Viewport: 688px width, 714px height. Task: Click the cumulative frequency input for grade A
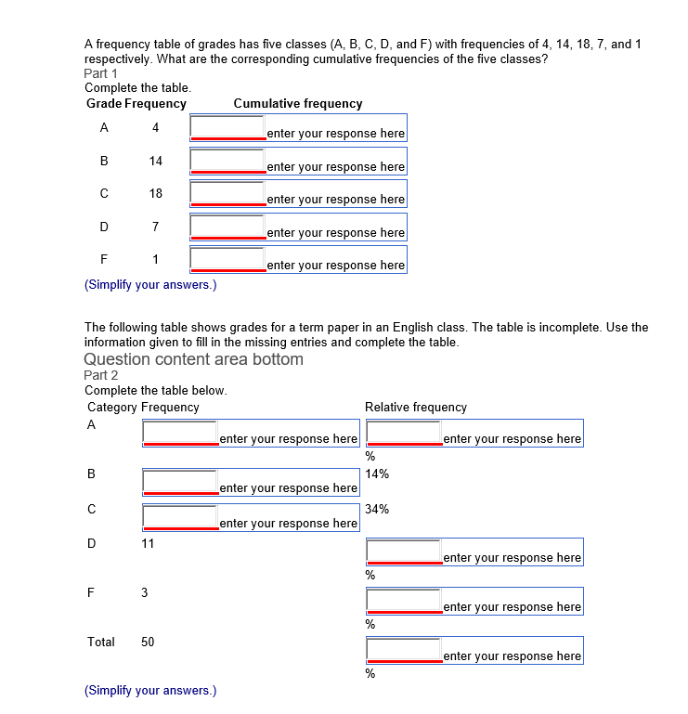227,127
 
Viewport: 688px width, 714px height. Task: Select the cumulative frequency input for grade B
227,161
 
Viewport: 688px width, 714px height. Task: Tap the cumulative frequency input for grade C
227,193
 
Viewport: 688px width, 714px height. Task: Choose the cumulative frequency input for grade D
227,227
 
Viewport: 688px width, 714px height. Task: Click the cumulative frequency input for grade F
227,259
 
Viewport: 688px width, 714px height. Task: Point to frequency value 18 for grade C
155,194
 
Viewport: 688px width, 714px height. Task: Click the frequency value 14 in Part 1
155,161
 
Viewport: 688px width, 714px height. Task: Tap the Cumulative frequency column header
298,104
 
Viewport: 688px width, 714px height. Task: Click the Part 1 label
101,73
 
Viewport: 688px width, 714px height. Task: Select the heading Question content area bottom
193,359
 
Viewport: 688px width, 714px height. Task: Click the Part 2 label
101,375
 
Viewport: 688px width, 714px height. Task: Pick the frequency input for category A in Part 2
180,433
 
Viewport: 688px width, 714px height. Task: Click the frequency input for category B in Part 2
180,482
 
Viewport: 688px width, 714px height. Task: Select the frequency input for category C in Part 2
180,517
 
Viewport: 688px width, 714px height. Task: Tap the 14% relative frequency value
377,474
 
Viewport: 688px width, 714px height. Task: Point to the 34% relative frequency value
377,509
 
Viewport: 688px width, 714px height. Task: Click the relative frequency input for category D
404,552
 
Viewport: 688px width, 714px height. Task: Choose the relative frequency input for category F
404,601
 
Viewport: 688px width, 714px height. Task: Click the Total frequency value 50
148,642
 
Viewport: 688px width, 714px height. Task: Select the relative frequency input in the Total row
404,650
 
